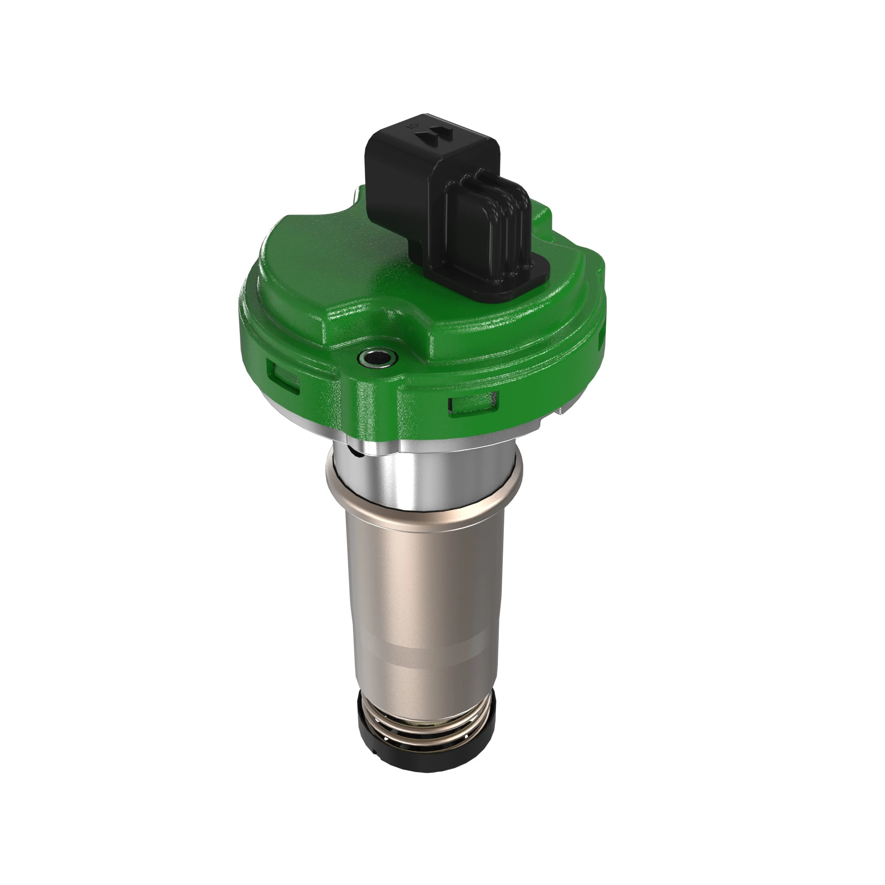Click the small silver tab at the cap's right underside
pyautogui.click(x=560, y=412)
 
